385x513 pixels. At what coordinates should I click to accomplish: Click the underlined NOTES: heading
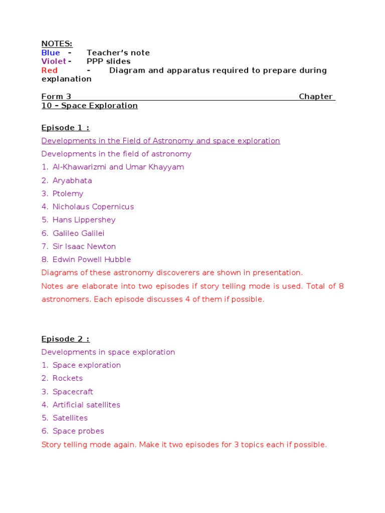tap(57, 44)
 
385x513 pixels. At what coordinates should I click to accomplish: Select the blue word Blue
tap(51, 53)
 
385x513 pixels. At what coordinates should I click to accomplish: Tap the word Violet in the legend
tap(54, 62)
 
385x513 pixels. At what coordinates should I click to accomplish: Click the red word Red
tap(50, 71)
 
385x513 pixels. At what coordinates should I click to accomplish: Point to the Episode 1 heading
tap(65, 128)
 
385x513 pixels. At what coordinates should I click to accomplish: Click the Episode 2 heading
tap(65, 339)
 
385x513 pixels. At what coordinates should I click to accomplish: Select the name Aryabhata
tap(72, 180)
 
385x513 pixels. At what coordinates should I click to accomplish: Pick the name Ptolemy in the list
tap(68, 194)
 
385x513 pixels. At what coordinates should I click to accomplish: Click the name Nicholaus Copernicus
tap(93, 207)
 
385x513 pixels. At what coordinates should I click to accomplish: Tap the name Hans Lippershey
tap(84, 220)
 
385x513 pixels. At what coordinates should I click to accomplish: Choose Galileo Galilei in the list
tap(79, 233)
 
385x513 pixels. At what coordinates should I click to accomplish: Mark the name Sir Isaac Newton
tap(84, 246)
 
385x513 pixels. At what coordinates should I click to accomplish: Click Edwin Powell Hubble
tap(92, 260)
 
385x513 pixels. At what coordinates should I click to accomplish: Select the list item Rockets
tap(68, 378)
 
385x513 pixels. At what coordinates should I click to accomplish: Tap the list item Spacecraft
tap(73, 392)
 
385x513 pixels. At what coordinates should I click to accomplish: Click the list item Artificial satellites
tap(86, 405)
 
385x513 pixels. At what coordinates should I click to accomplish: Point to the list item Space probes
tap(78, 431)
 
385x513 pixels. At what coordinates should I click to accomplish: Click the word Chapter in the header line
tap(316, 97)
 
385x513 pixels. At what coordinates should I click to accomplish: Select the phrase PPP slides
tap(108, 62)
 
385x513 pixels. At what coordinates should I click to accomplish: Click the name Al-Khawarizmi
tap(79, 167)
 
